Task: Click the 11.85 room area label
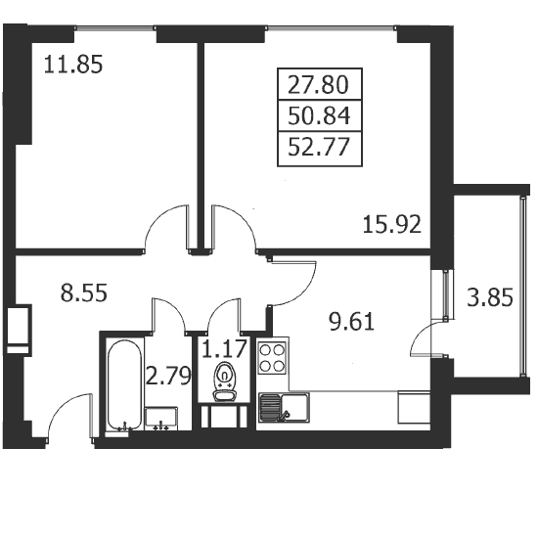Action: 73,65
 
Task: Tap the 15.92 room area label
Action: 392,225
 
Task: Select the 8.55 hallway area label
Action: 84,293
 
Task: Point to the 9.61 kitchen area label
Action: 352,322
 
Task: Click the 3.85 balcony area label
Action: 490,297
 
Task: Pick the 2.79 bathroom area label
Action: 168,376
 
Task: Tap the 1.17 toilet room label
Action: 224,348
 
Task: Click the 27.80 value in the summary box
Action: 318,85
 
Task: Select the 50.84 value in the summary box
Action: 319,116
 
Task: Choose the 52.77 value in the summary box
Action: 319,147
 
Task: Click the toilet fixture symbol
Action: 224,381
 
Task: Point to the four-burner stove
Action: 273,358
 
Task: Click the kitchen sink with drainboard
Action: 284,407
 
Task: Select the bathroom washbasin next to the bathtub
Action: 161,419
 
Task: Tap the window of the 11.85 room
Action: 115,28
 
